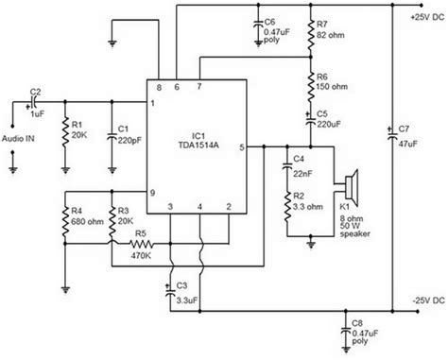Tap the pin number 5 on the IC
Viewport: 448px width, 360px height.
[242, 148]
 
